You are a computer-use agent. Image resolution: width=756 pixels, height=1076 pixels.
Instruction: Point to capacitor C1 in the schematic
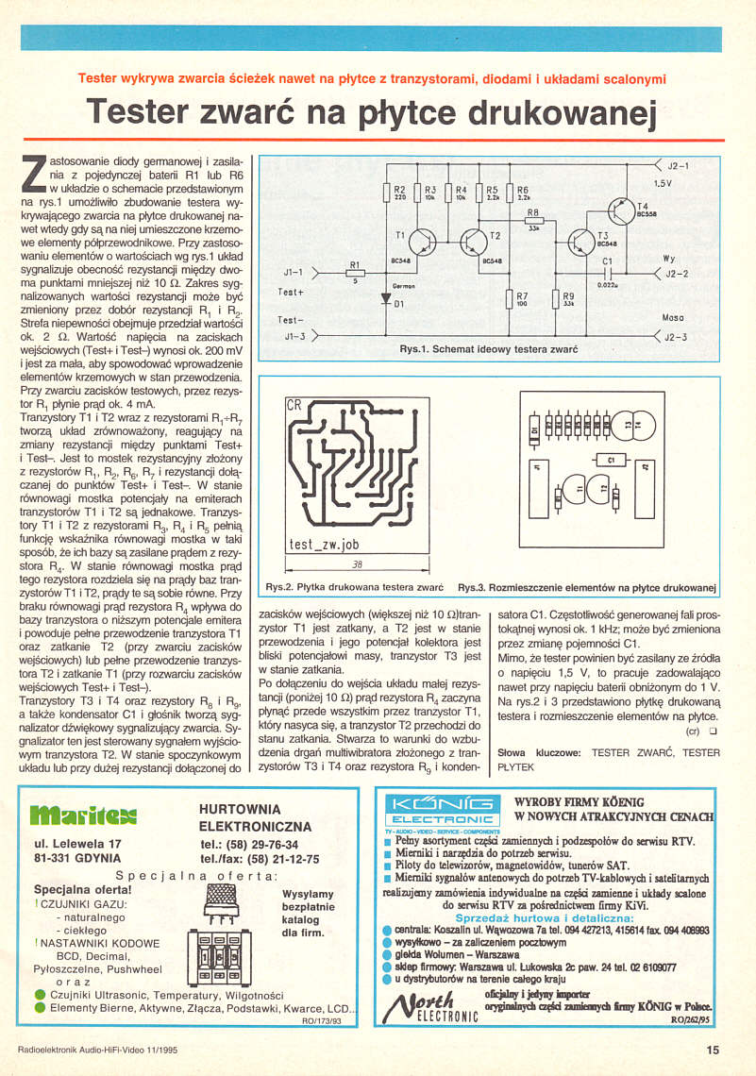[x=607, y=274]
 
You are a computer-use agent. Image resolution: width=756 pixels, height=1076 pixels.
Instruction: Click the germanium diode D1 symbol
[x=385, y=298]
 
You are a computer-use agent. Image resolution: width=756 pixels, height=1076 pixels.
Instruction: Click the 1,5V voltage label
[x=663, y=183]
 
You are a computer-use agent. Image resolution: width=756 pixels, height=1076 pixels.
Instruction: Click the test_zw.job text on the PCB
[x=325, y=545]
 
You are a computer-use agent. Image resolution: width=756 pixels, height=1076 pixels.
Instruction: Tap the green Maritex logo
[x=84, y=813]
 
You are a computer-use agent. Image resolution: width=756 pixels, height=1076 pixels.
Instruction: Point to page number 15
[x=713, y=1048]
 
